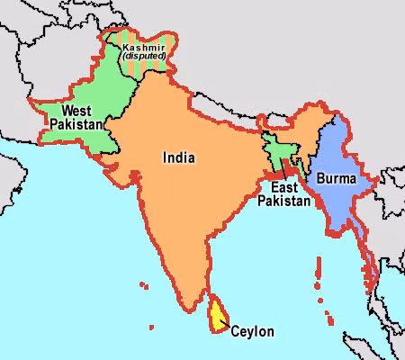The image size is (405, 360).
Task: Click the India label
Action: pos(178,157)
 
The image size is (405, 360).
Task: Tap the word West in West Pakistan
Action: pos(76,111)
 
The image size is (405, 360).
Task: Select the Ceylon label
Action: pos(253,331)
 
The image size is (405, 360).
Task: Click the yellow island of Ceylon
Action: pos(217,314)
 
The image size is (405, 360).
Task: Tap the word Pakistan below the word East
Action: pos(283,202)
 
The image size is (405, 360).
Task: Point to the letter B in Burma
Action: pos(320,179)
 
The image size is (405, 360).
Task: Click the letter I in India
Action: pos(164,157)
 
